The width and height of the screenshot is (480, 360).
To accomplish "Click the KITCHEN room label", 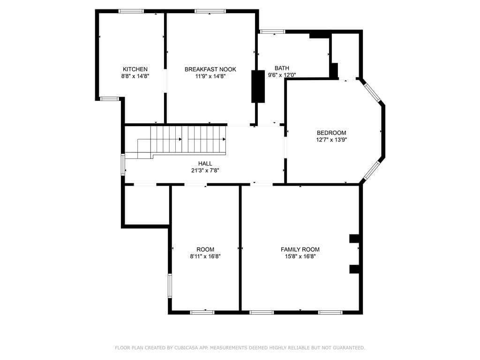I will (x=135, y=69).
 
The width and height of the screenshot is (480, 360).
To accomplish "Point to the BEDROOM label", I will (x=331, y=133).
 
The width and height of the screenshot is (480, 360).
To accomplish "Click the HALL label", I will (x=205, y=164).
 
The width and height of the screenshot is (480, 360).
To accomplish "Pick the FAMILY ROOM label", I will (x=300, y=249).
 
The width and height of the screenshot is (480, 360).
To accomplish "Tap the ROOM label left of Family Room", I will (x=205, y=249).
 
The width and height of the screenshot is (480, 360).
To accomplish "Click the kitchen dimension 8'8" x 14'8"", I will (x=135, y=76).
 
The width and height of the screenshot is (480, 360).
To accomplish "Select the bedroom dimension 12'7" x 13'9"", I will (x=331, y=139).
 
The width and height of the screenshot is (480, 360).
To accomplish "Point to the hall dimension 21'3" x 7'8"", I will (x=205, y=171).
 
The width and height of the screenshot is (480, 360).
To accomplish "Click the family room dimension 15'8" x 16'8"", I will (x=300, y=256).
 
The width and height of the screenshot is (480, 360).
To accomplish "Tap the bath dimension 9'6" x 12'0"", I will (x=282, y=75).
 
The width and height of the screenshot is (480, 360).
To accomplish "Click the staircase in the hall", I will (x=187, y=139).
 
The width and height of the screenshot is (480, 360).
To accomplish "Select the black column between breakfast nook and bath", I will (x=258, y=86).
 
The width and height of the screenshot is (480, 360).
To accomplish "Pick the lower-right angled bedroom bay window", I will (x=373, y=171).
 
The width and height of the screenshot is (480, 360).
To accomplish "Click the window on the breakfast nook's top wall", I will (x=210, y=11).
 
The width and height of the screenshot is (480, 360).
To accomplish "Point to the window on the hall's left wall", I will (x=123, y=165).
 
